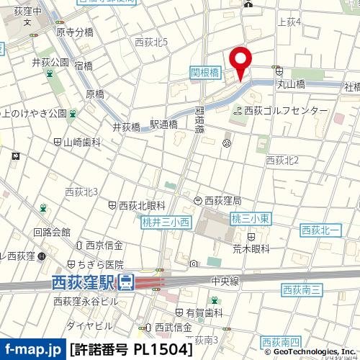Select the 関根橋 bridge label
(x=204, y=72)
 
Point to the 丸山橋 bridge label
(x=291, y=84)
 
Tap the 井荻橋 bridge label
(x=126, y=126)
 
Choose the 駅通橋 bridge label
(x=163, y=125)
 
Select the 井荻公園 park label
(x=50, y=62)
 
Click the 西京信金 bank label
(x=104, y=246)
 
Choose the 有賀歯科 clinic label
(x=204, y=312)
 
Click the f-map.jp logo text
(x=32, y=350)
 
